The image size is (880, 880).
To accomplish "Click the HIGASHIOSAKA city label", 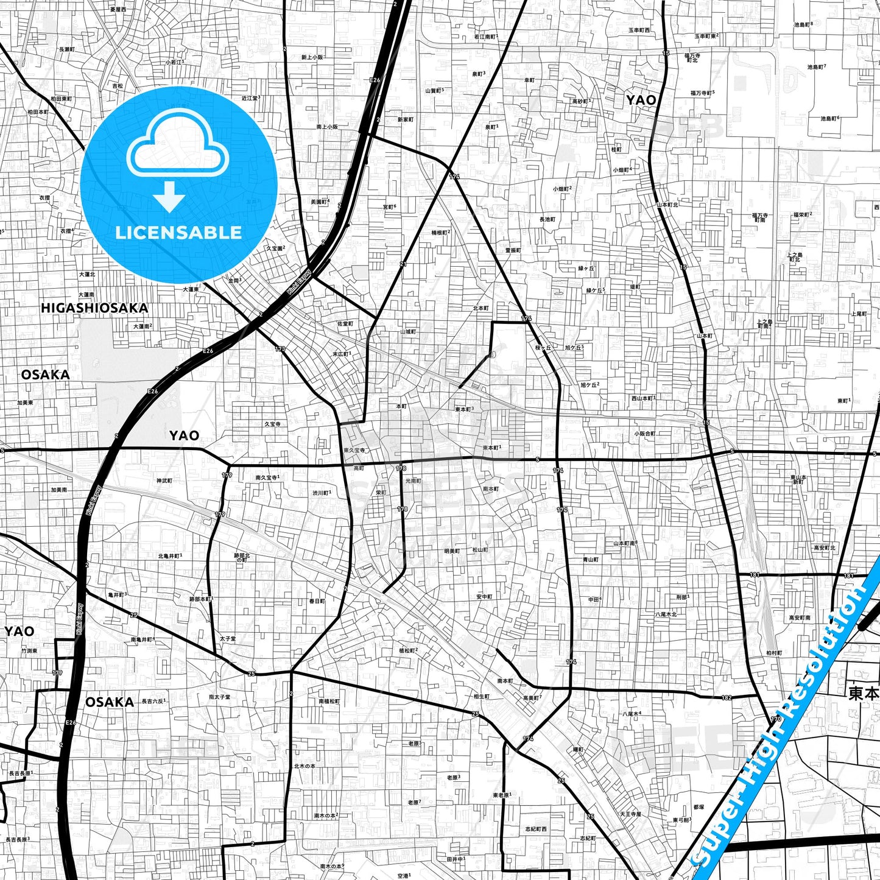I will coord(94,308).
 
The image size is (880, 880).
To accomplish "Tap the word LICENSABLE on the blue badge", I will coord(178,232).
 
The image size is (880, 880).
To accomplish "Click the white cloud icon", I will coord(177,144).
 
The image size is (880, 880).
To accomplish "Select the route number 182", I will coord(726,698).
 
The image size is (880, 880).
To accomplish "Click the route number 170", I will coord(775,719).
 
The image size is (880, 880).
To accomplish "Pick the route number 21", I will coord(403,264).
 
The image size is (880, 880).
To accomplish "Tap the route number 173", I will coord(280,349).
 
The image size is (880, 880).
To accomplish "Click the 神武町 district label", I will coord(164,480).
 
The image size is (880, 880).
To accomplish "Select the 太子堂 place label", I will coord(227,639).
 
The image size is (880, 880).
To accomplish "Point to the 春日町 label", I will coord(317,601).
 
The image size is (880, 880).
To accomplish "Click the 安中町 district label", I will coord(484,597).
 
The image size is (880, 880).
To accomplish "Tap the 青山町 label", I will coord(590,559).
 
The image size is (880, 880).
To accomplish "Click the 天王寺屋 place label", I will coord(630,814).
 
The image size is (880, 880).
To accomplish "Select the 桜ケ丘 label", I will coord(543,348).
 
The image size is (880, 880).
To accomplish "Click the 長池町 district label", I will coord(547,219).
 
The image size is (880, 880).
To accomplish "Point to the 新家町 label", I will coord(405,119).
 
